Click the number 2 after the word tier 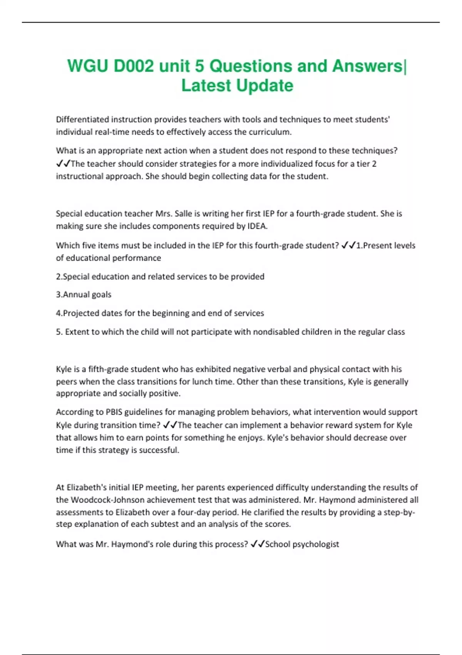tap(374, 164)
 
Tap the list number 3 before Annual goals tap(59, 295)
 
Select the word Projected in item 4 tap(80, 313)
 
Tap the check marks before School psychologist tap(257, 544)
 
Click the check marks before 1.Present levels tap(348, 245)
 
